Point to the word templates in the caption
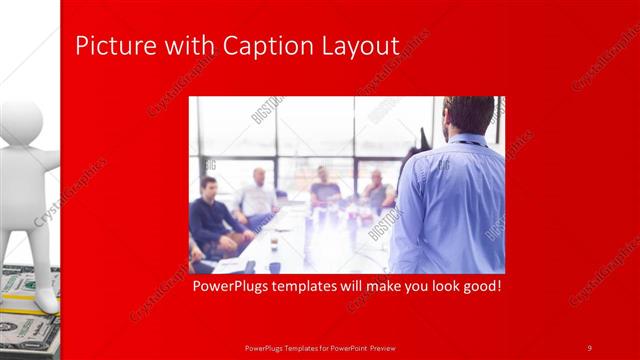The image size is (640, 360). (x=310, y=287)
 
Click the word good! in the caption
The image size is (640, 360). (x=478, y=287)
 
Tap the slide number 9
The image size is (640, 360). (x=590, y=348)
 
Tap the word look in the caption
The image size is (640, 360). (x=441, y=287)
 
